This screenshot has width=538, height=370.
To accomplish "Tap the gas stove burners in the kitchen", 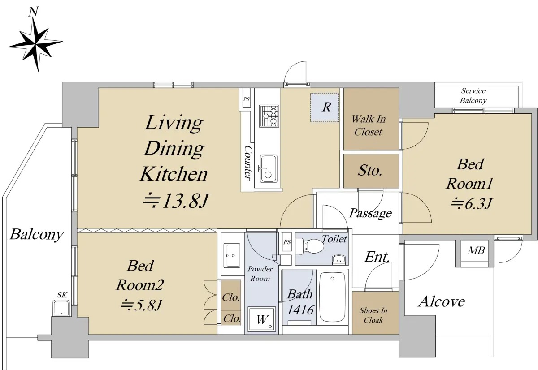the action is [x=269, y=116].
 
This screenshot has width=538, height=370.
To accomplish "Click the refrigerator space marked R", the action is [x=325, y=107].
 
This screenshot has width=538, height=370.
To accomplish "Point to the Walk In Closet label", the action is [x=369, y=125].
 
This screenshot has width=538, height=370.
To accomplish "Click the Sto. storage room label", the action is [x=370, y=171].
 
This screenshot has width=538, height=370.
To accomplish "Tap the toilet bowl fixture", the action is [x=309, y=245].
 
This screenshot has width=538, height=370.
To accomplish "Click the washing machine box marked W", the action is [x=262, y=319].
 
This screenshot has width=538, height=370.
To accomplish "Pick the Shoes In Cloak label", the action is [x=373, y=315].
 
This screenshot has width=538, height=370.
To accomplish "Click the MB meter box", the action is [x=476, y=250].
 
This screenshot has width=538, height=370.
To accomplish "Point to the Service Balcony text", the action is [x=473, y=95].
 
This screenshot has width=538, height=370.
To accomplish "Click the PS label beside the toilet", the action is [x=287, y=242].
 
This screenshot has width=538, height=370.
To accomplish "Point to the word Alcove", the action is [x=442, y=301].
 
